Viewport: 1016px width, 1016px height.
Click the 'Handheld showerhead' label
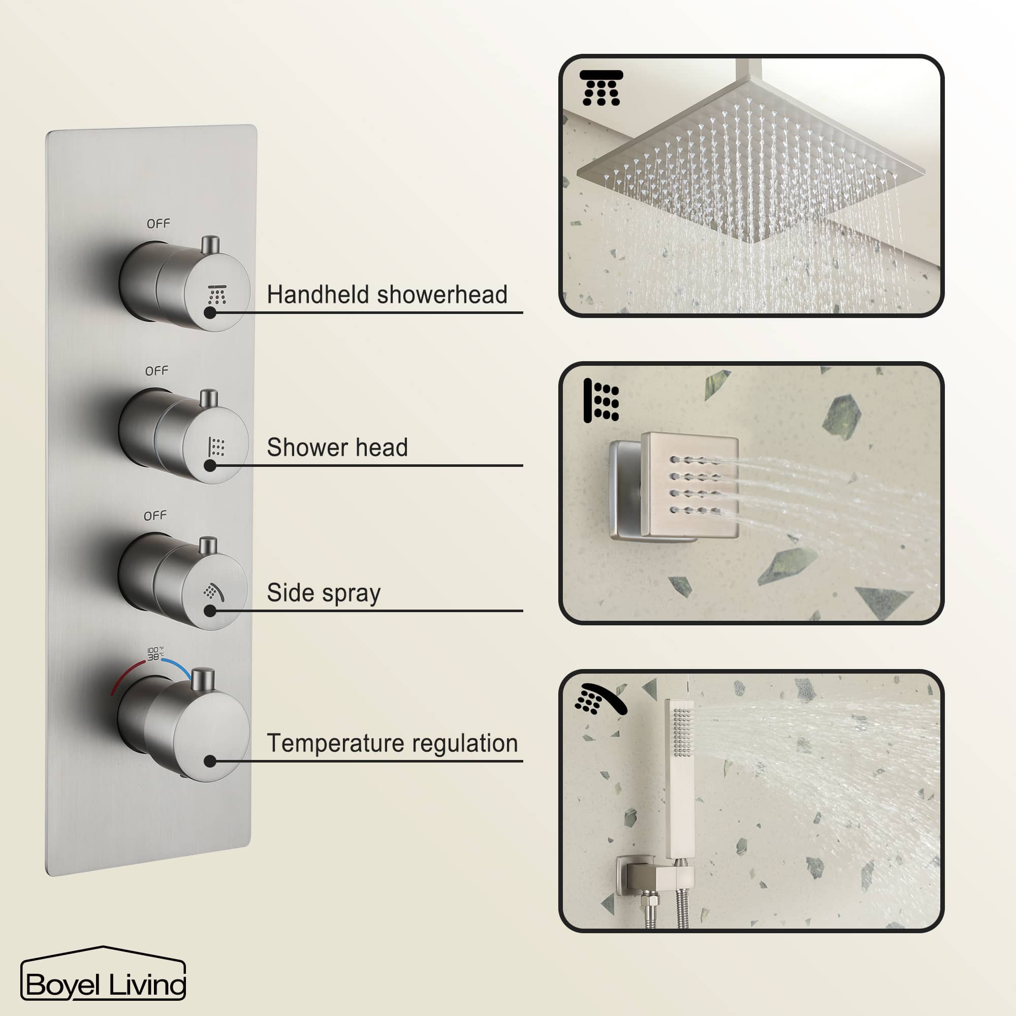coord(387,295)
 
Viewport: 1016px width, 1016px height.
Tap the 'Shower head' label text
coord(337,448)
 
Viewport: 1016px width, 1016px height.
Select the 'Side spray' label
coord(324,593)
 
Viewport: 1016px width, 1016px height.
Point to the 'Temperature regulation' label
coord(392,743)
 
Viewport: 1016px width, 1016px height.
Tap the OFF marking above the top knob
coord(158,224)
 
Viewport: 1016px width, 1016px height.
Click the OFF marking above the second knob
coord(156,371)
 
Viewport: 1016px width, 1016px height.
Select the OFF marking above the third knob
coord(155,516)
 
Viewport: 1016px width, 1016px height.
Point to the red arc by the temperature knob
coord(126,675)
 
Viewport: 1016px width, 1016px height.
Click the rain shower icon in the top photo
coord(601,88)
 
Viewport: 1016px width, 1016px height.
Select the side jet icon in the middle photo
coord(601,401)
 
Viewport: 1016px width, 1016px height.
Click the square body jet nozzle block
coord(689,485)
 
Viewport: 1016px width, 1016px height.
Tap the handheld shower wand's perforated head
coord(682,731)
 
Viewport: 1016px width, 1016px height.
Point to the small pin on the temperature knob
coord(203,679)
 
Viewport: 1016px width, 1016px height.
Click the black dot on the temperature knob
coord(210,761)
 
